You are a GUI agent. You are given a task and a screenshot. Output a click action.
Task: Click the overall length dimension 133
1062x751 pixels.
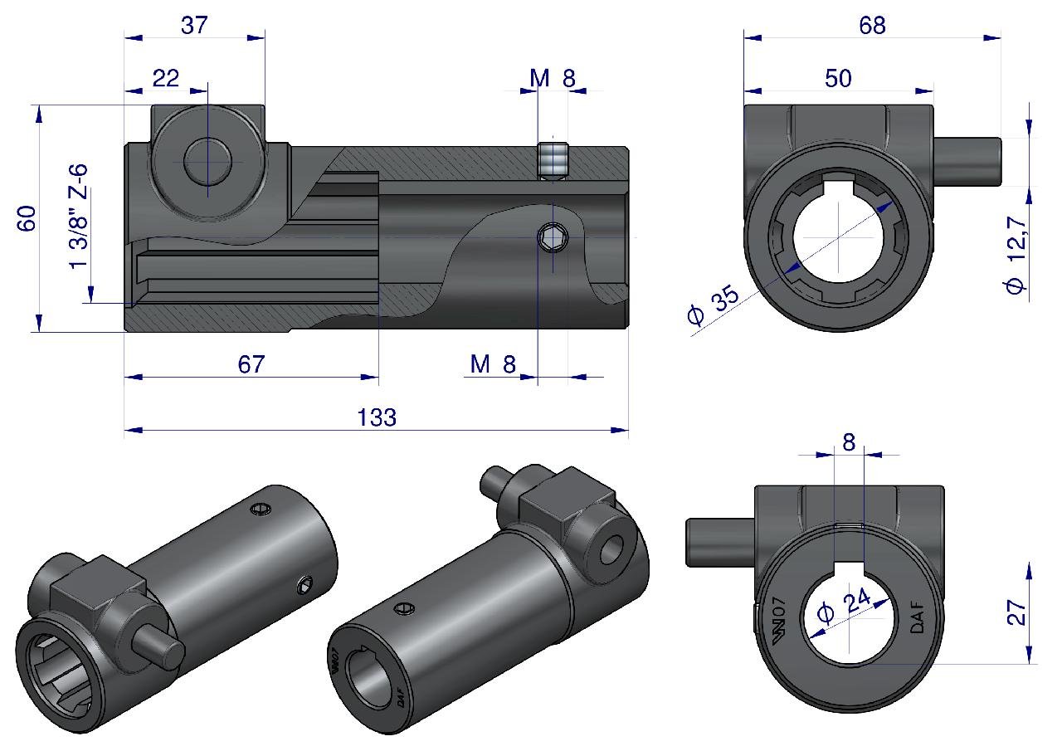[377, 417]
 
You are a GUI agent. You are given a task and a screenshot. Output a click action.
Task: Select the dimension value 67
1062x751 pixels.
[251, 364]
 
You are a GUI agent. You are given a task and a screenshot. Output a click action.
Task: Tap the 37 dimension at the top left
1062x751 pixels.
[194, 25]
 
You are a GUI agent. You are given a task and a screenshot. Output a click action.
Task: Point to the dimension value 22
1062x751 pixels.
[165, 78]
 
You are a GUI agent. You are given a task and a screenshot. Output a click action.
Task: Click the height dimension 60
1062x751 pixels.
[27, 218]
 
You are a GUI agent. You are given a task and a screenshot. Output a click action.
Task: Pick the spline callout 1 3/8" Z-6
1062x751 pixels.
[79, 217]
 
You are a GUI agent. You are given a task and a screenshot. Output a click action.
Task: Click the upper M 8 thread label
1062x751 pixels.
[553, 78]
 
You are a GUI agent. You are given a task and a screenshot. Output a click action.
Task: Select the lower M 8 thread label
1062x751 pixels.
[493, 364]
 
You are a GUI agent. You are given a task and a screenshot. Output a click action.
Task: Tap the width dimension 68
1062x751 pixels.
[872, 25]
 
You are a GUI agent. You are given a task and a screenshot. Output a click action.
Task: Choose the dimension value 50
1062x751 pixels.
[838, 78]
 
